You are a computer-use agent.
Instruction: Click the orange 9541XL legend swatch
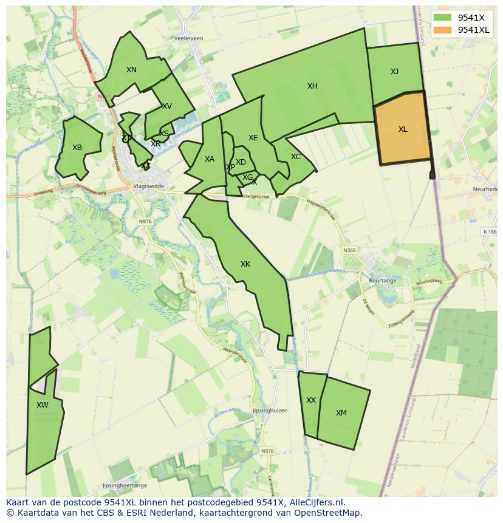pyautogui.click(x=443, y=30)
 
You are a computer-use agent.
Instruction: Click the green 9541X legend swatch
pyautogui.click(x=443, y=17)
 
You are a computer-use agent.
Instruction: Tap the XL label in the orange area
pyautogui.click(x=403, y=129)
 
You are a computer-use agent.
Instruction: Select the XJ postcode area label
pyautogui.click(x=394, y=72)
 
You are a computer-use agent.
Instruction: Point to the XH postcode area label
pyautogui.click(x=312, y=86)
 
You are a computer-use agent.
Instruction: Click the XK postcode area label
pyautogui.click(x=245, y=264)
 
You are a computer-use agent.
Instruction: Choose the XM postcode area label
pyautogui.click(x=341, y=413)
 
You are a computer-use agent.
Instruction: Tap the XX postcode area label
pyautogui.click(x=311, y=400)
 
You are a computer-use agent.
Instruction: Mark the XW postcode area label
pyautogui.click(x=42, y=405)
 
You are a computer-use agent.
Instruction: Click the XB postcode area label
pyautogui.click(x=77, y=148)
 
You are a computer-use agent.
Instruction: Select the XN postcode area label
pyautogui.click(x=131, y=70)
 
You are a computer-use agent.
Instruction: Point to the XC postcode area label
pyautogui.click(x=296, y=157)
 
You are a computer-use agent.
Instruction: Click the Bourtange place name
pyautogui.click(x=383, y=281)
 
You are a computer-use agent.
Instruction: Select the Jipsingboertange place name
pyautogui.click(x=125, y=486)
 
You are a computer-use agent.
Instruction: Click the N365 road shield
pyautogui.click(x=349, y=250)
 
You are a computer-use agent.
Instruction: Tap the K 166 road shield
pyautogui.click(x=490, y=231)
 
